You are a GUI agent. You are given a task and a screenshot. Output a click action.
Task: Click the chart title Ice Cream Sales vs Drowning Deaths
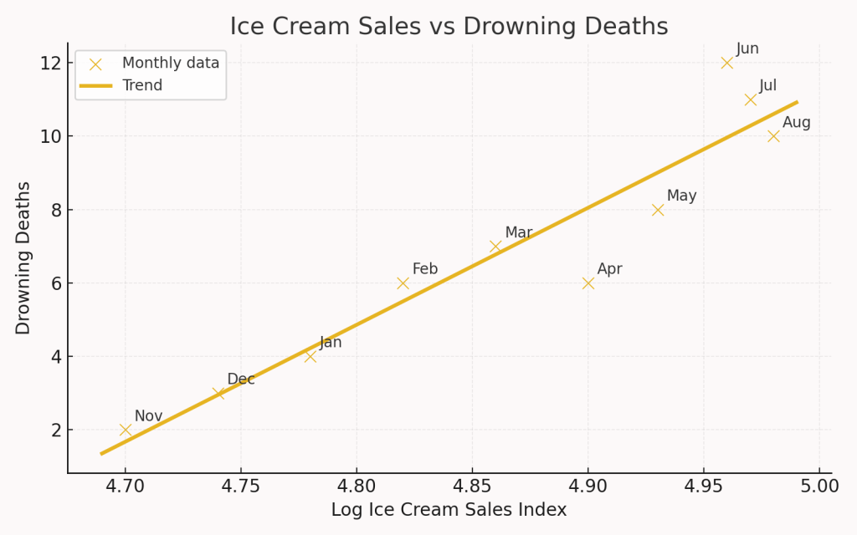click(x=449, y=27)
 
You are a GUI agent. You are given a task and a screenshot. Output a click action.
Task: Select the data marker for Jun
click(x=726, y=63)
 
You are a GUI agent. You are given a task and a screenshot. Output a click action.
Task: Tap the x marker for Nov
click(x=126, y=430)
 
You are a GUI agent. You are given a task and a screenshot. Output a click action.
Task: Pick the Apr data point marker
click(x=588, y=283)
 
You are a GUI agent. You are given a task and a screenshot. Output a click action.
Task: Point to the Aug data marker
click(x=773, y=136)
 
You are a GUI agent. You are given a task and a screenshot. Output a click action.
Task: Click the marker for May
click(x=658, y=210)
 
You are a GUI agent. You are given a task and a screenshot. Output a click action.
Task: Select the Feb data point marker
click(x=403, y=283)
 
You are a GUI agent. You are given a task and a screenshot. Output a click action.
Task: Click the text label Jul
click(x=768, y=86)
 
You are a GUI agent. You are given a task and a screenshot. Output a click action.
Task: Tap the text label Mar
click(x=518, y=232)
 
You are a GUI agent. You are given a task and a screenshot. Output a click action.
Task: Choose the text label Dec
click(x=241, y=380)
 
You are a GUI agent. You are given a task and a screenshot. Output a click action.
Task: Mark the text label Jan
click(x=331, y=343)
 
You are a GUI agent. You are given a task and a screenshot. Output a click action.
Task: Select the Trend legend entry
click(x=142, y=85)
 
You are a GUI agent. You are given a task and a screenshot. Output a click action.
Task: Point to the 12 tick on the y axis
click(x=49, y=64)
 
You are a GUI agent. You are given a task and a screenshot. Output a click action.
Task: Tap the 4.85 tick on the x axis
click(x=472, y=485)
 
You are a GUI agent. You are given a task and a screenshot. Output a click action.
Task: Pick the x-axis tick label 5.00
click(x=819, y=485)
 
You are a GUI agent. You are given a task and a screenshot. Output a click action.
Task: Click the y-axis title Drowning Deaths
click(x=23, y=257)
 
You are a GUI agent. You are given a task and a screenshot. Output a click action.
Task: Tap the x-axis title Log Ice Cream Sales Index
click(x=449, y=510)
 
